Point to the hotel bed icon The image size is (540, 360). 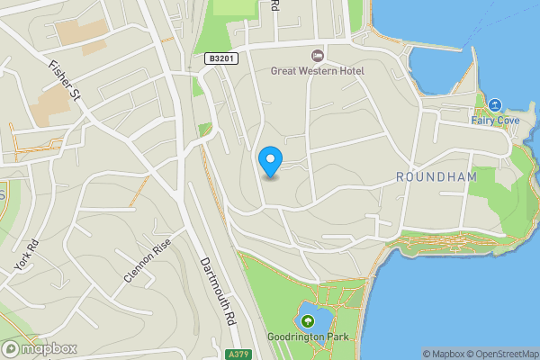click(x=317, y=56)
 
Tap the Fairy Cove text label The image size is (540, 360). click(x=494, y=119)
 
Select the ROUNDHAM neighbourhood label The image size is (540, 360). click(x=436, y=177)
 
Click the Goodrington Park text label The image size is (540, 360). click(x=308, y=338)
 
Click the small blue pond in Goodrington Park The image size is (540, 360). click(x=315, y=317)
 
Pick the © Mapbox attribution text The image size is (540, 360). click(x=444, y=354)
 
